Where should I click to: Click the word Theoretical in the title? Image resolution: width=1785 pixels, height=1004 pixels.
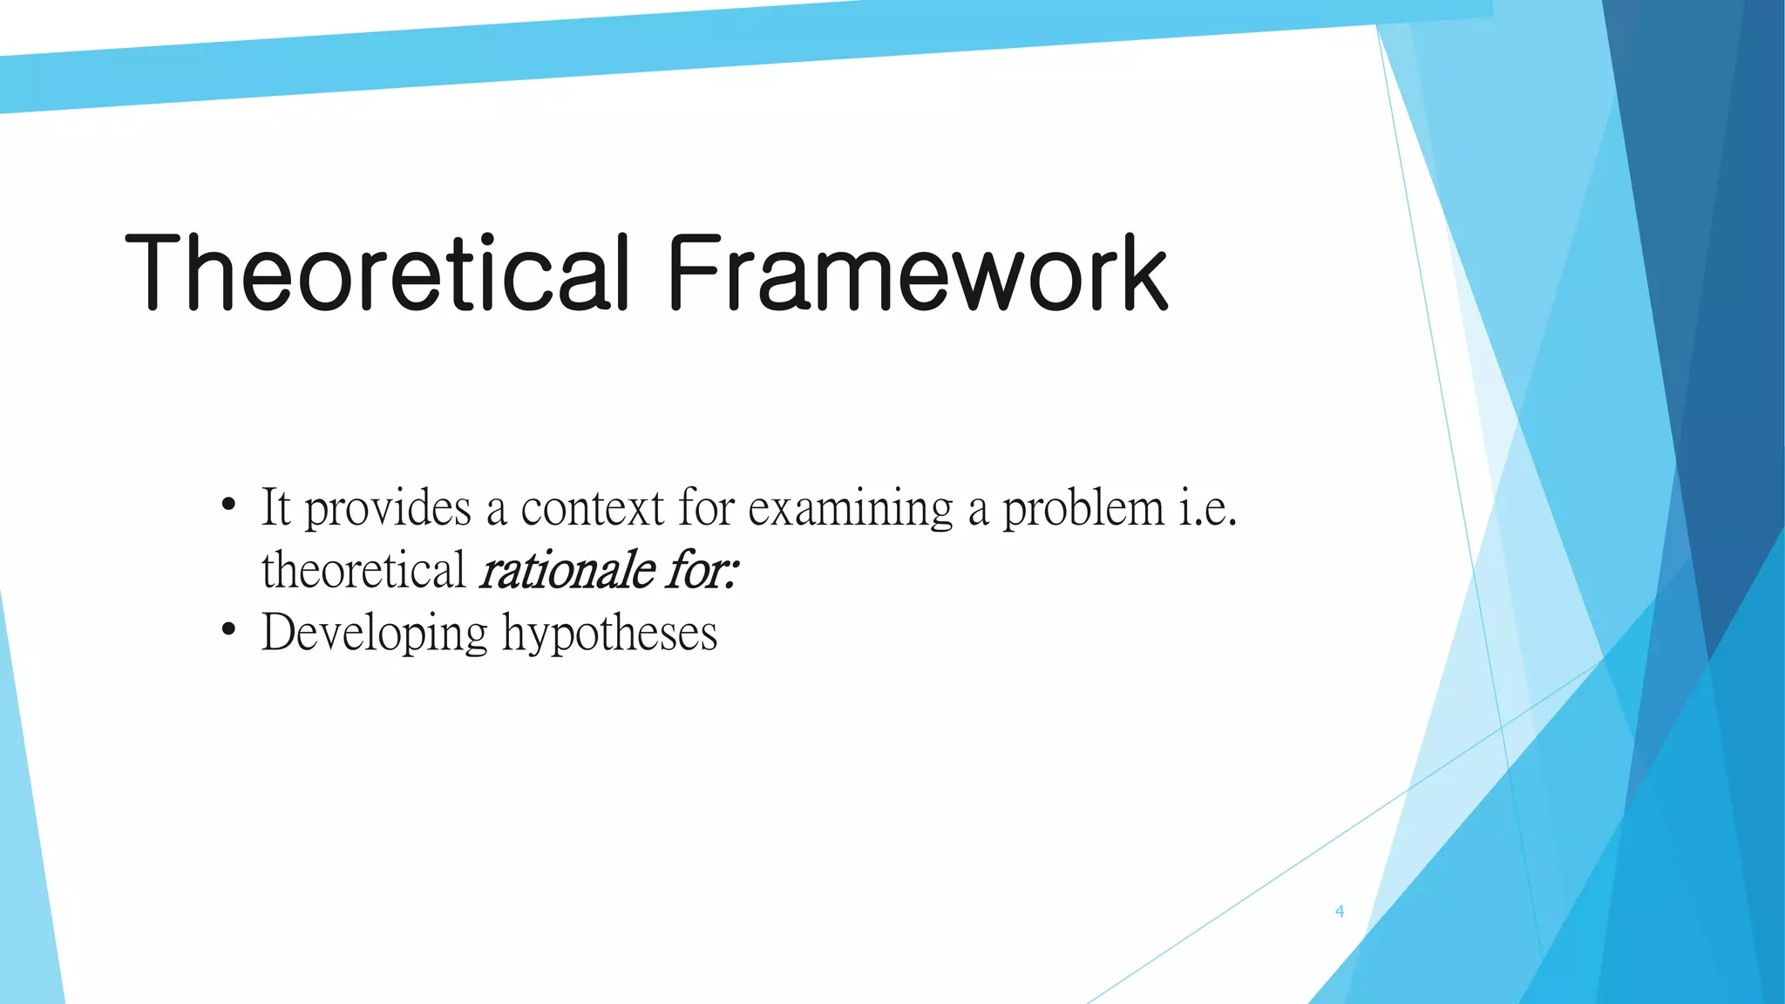[377, 273]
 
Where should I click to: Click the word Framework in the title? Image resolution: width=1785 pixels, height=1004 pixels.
[917, 273]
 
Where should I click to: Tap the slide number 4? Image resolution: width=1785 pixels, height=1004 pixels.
[1340, 912]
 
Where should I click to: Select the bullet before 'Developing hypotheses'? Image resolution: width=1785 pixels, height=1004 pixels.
[228, 628]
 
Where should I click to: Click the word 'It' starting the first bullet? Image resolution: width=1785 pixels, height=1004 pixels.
[275, 507]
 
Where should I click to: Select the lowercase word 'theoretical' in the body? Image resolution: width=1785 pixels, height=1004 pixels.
[363, 571]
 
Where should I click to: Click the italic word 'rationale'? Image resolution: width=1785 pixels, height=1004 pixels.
[567, 571]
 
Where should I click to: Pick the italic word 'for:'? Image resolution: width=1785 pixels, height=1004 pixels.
[703, 571]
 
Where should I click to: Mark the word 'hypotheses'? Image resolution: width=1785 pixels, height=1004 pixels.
[609, 634]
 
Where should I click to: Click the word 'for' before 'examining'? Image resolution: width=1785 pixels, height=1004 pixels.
[707, 507]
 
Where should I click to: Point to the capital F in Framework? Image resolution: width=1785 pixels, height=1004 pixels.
[694, 273]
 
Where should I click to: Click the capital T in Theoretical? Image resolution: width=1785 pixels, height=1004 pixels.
[158, 273]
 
